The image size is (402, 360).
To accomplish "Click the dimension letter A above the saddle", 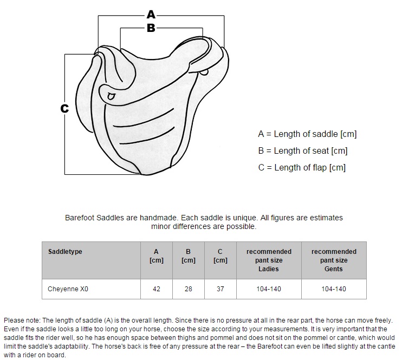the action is (x=151, y=15).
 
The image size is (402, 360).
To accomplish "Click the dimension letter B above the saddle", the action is (x=151, y=28).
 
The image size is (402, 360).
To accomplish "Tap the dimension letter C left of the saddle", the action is (x=64, y=109).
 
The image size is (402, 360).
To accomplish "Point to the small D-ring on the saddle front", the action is (x=111, y=96).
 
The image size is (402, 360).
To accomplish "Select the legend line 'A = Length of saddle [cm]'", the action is (x=307, y=134).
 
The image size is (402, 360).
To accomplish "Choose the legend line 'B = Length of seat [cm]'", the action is (x=302, y=151).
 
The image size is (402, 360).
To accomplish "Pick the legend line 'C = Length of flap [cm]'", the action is (x=302, y=168).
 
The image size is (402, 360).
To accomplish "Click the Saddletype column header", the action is (x=65, y=252).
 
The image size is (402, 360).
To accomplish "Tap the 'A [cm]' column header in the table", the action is (x=157, y=256).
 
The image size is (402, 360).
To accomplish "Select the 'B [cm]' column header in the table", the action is (x=189, y=256).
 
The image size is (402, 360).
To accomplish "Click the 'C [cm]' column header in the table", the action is (x=220, y=256).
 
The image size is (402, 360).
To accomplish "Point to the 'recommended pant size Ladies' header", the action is (x=269, y=260).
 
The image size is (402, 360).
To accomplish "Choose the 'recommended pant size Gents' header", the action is (x=334, y=260).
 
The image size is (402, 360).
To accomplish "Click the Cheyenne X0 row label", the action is (x=68, y=289).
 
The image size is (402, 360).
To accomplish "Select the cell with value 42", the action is (x=157, y=289).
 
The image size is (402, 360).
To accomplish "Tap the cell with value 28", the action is (x=189, y=289).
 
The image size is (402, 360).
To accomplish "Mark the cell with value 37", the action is (x=220, y=289).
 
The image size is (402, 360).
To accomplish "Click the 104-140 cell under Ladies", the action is (x=269, y=289).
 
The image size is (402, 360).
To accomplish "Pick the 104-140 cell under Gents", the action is (x=334, y=289).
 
